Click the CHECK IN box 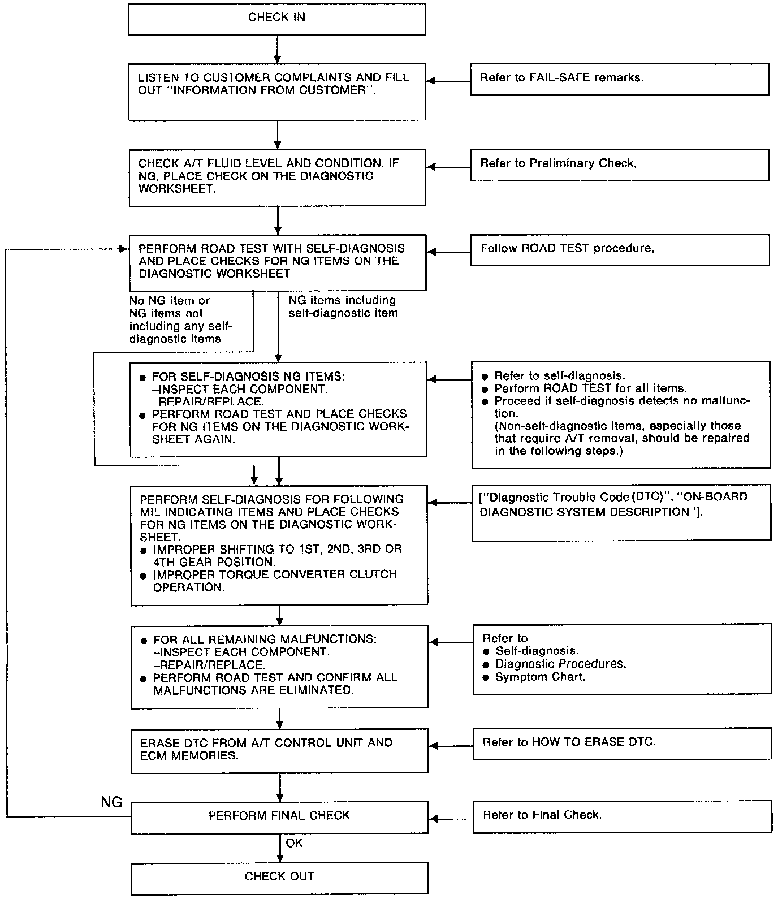[x=276, y=18]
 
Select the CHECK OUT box [x=279, y=877]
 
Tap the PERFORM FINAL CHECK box [x=279, y=816]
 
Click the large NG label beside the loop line [x=111, y=802]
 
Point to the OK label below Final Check [x=294, y=843]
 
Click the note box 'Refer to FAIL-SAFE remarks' [x=619, y=79]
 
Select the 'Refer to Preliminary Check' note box [x=619, y=165]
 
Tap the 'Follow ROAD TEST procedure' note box [x=620, y=249]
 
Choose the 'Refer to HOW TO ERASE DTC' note [x=622, y=742]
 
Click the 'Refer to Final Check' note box [x=622, y=816]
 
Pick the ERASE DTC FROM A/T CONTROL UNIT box [x=279, y=750]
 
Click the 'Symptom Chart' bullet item [x=540, y=677]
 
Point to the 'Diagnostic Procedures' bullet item [x=560, y=664]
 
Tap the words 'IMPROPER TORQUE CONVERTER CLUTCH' [x=275, y=574]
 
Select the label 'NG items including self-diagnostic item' [x=343, y=306]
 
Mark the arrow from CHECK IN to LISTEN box [x=277, y=50]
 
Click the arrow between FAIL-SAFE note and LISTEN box [x=448, y=81]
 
